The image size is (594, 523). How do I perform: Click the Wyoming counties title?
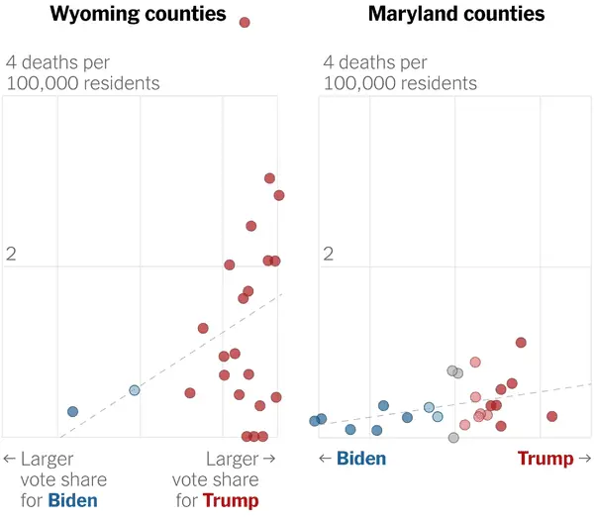coord(138,15)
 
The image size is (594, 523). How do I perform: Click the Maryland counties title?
coord(456,15)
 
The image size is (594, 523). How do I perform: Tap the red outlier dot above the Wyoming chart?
coord(245,22)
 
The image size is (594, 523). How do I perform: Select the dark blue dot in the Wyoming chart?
coord(72,411)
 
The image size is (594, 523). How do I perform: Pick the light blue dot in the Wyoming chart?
coord(135,390)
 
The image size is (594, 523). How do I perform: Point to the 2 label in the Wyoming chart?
coord(12,254)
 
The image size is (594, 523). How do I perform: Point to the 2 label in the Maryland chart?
coord(327,254)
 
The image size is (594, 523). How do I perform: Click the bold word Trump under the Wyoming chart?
coord(231,500)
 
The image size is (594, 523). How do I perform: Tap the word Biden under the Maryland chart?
coord(361,459)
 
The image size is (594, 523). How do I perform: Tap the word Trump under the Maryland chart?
coord(545,459)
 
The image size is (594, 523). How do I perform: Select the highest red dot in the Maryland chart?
coord(521,343)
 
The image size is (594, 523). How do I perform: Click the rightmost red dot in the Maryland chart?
coord(551,416)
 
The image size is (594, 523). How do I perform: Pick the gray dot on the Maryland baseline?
coord(453,437)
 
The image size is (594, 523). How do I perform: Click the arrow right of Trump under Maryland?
coord(584,459)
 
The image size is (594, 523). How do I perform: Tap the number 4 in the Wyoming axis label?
coord(12,62)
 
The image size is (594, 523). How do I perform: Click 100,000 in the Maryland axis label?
coord(358,83)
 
